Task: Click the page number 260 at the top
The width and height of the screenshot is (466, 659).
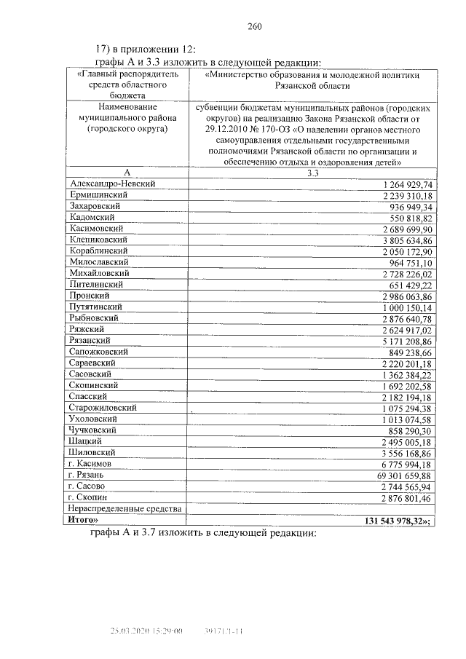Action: [x=254, y=27]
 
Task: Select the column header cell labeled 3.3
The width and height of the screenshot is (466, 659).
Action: [x=313, y=173]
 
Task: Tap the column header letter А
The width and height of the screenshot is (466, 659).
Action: [x=126, y=173]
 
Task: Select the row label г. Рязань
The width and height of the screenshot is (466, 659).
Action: [x=90, y=475]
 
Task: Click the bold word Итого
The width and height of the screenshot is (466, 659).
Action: [x=84, y=520]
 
